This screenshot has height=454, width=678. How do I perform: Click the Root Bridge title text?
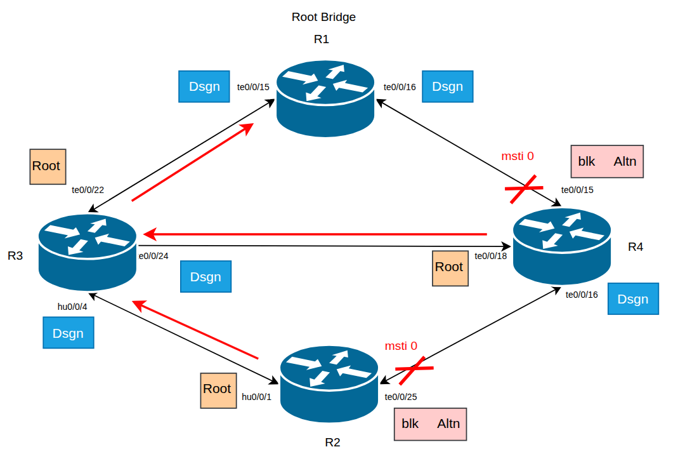323,17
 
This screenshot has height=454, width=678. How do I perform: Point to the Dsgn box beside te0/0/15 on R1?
204,87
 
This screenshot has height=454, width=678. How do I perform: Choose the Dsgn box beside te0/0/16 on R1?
448,87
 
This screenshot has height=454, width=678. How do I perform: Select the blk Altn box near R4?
607,161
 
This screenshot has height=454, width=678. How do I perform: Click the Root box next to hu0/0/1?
217,389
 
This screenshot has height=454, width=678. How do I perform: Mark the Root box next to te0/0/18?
449,267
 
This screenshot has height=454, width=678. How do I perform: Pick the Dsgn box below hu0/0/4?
68,333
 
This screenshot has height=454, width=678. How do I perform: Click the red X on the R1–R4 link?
525,189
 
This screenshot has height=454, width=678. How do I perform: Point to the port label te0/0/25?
401,397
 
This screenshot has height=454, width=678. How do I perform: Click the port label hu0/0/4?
72,307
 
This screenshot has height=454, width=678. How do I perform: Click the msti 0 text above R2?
401,346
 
